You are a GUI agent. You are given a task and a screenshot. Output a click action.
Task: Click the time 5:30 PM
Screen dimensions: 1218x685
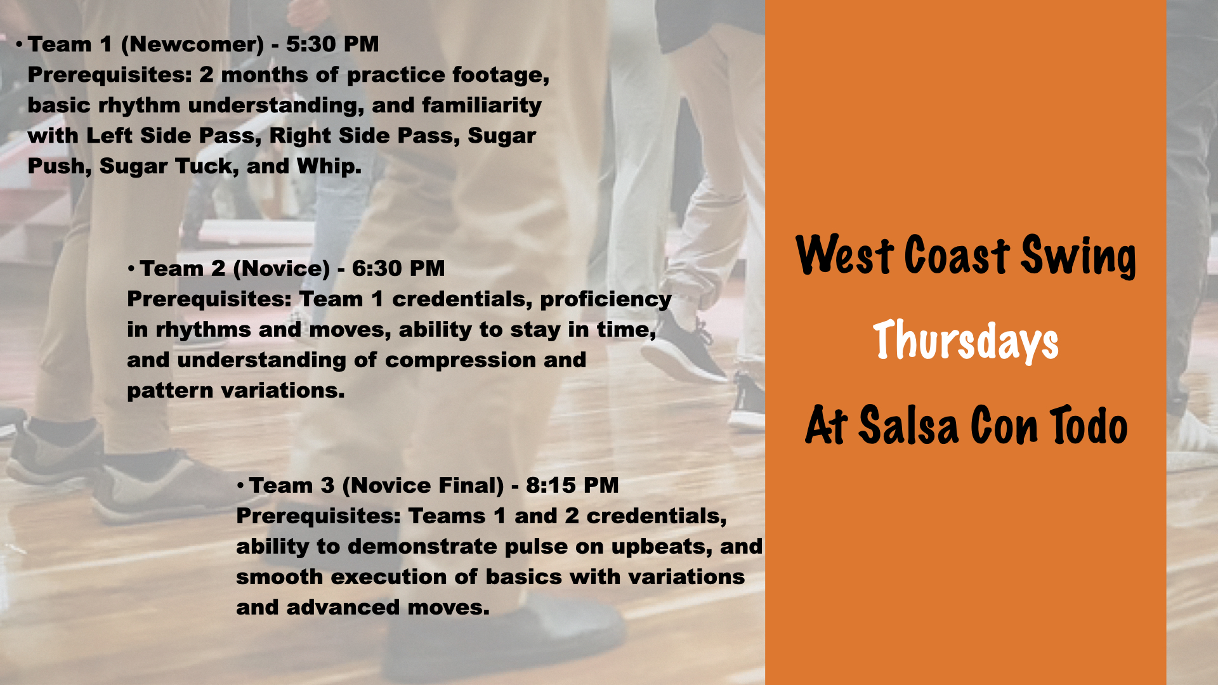(332, 44)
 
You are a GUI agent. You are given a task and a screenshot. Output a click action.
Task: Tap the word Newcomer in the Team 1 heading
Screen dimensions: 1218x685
(192, 44)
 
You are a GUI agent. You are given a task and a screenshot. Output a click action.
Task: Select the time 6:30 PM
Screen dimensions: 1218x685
(398, 268)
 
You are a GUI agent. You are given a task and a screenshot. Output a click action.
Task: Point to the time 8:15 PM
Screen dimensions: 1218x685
(572, 486)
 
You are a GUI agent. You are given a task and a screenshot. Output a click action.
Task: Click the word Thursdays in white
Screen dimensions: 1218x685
(966, 341)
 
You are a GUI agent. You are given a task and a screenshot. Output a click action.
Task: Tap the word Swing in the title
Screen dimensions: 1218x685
(1078, 256)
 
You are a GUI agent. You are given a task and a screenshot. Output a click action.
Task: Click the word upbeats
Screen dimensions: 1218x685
(662, 547)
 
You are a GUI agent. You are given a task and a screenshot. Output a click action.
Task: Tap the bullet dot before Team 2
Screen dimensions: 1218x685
(131, 269)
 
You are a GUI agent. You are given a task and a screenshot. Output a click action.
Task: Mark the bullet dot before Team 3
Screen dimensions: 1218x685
(240, 486)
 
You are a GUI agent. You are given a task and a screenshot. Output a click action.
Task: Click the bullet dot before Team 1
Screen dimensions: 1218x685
(20, 44)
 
